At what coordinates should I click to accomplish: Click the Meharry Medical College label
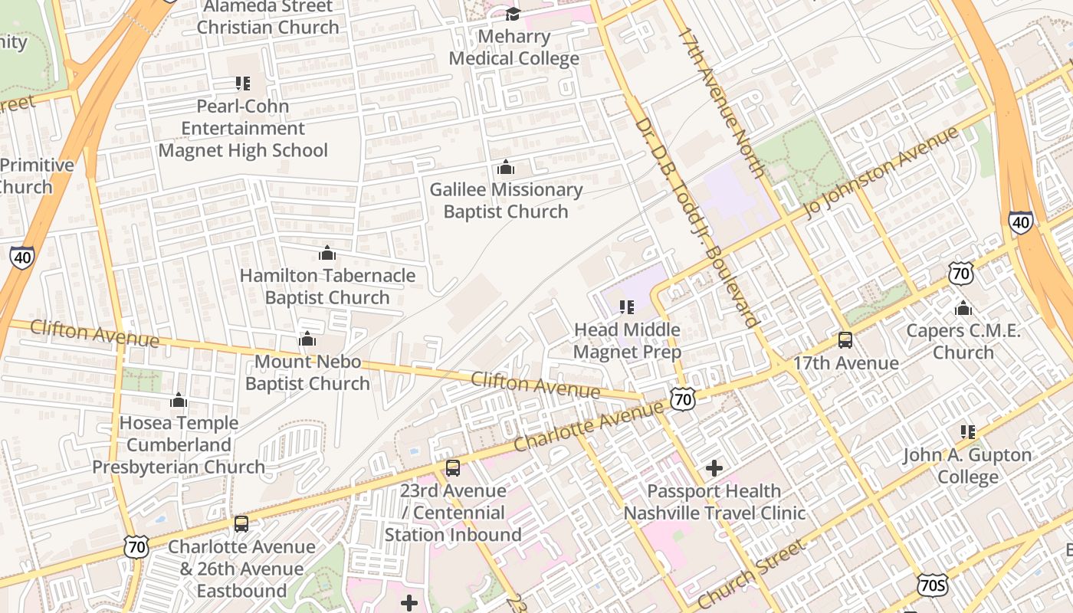point(514,48)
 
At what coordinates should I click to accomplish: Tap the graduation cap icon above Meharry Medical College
point(514,14)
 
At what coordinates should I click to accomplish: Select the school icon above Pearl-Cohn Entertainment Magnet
point(243,84)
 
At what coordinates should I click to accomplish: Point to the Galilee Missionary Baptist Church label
point(506,201)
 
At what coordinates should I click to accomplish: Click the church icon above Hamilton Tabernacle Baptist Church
point(327,254)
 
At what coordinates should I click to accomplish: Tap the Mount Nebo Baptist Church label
point(307,372)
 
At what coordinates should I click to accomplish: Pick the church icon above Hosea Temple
point(179,401)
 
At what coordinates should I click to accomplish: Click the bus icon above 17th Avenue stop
point(845,340)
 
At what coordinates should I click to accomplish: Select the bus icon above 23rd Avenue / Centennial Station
point(453,468)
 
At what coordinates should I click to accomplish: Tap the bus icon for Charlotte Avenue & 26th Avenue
point(241,524)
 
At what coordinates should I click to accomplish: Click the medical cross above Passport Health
point(714,467)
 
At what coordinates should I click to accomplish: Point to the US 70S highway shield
point(932,585)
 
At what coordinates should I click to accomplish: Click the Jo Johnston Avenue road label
point(881,172)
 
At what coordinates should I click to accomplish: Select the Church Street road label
point(751,574)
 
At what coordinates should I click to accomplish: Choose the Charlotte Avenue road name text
point(588,426)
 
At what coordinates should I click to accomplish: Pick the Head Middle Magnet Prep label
point(627,341)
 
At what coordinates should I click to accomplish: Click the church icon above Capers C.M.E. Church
point(963,309)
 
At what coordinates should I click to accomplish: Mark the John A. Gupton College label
point(967,466)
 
